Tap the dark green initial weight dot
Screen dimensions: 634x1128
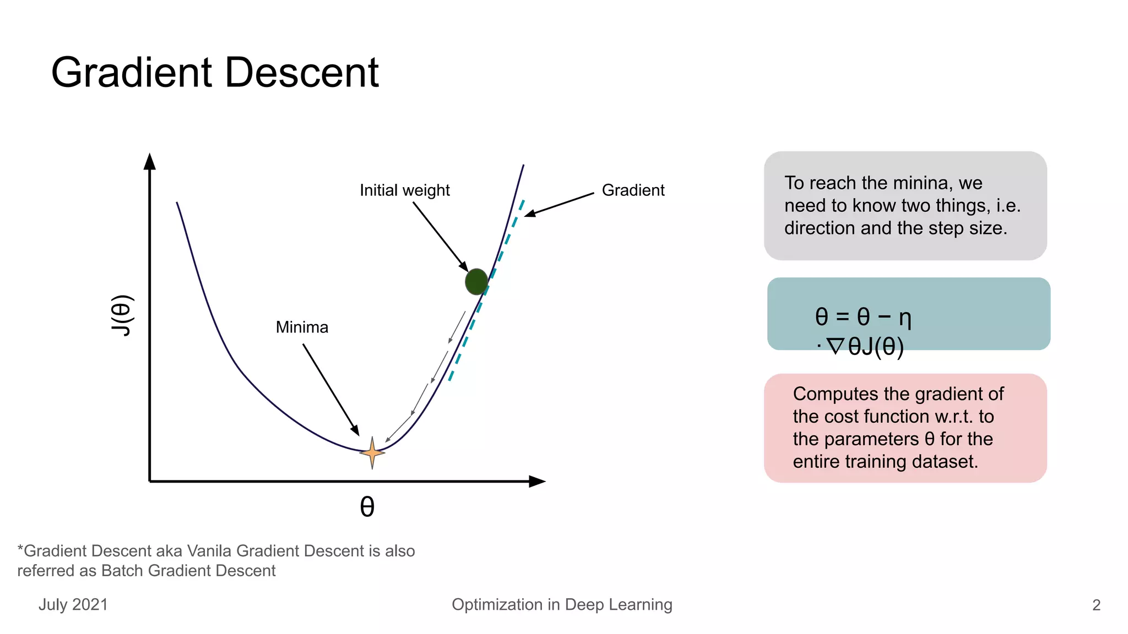[476, 282]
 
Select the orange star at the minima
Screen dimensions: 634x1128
[372, 453]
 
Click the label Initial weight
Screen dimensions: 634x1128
[404, 190]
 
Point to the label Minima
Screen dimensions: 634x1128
[302, 327]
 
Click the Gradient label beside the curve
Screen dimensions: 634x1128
[633, 190]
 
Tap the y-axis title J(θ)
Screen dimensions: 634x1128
[122, 315]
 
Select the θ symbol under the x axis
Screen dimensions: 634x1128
[367, 507]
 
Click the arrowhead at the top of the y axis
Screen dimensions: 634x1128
[149, 161]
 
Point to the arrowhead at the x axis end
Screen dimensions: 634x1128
[537, 482]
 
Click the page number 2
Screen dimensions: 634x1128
[1096, 605]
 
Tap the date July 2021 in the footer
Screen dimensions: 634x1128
[73, 604]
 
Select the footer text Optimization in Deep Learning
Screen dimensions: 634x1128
[562, 604]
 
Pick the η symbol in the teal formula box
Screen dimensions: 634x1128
[905, 318]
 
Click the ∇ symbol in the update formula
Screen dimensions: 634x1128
[836, 347]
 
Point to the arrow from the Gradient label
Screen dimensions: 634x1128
[559, 204]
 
